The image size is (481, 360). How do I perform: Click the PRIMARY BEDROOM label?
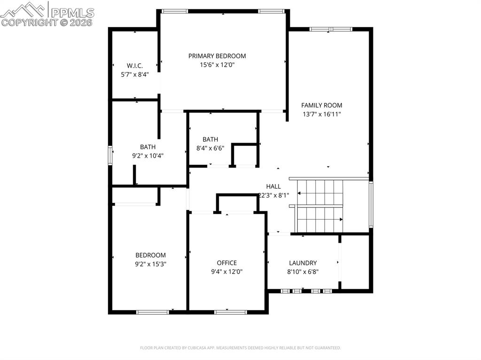pos(217,56)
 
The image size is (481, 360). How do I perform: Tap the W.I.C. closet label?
pos(135,66)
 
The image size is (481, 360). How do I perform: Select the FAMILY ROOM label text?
pos(322,106)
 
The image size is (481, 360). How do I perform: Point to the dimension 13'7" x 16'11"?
pos(322,114)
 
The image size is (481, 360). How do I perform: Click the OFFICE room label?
pos(227,263)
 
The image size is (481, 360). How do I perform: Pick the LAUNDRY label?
pos(303,263)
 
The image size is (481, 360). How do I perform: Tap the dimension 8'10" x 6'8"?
pos(303,272)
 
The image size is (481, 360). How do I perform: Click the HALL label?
pos(273,186)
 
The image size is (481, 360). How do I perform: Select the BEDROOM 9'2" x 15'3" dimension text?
pos(151,264)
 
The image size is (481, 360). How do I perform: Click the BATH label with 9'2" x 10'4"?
pos(147,147)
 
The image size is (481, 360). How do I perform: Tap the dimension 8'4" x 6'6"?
pos(210,148)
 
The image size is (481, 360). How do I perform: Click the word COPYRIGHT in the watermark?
pos(28,22)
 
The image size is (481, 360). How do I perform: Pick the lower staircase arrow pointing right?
pos(341,219)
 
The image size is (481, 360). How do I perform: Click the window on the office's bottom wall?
pos(230,312)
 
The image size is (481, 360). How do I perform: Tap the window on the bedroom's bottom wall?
pos(152,312)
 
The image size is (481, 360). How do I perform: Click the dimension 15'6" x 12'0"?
pos(217,65)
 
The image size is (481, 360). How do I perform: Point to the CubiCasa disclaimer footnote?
pos(240,348)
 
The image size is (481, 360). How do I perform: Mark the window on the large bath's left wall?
pos(110,155)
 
